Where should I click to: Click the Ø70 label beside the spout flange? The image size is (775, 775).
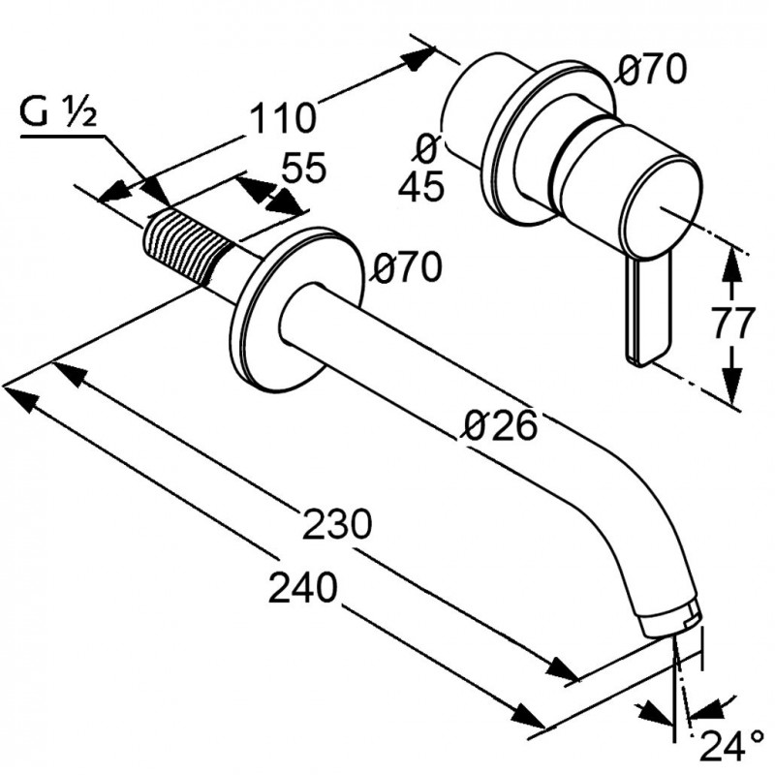point(408,267)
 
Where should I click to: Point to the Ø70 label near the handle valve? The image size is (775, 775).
point(652,69)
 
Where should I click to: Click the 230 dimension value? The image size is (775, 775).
point(337,524)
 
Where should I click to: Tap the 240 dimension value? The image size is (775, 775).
point(303,586)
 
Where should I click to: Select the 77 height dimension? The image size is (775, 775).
point(731,325)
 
